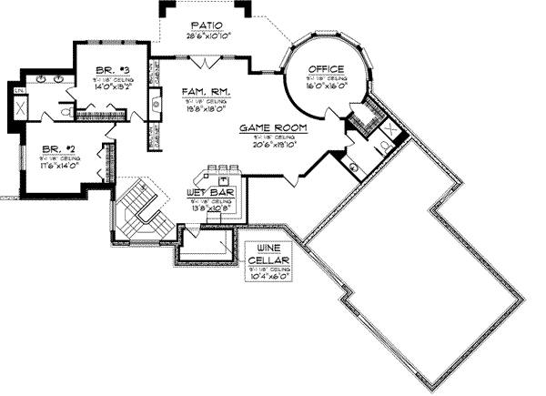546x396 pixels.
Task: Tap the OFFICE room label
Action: click(325, 69)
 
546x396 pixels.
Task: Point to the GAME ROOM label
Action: click(270, 129)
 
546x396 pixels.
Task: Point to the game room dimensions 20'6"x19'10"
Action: click(270, 146)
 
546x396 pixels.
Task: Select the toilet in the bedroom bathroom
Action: click(66, 110)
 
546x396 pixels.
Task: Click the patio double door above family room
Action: click(207, 59)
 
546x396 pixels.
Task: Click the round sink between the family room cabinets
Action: click(156, 105)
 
